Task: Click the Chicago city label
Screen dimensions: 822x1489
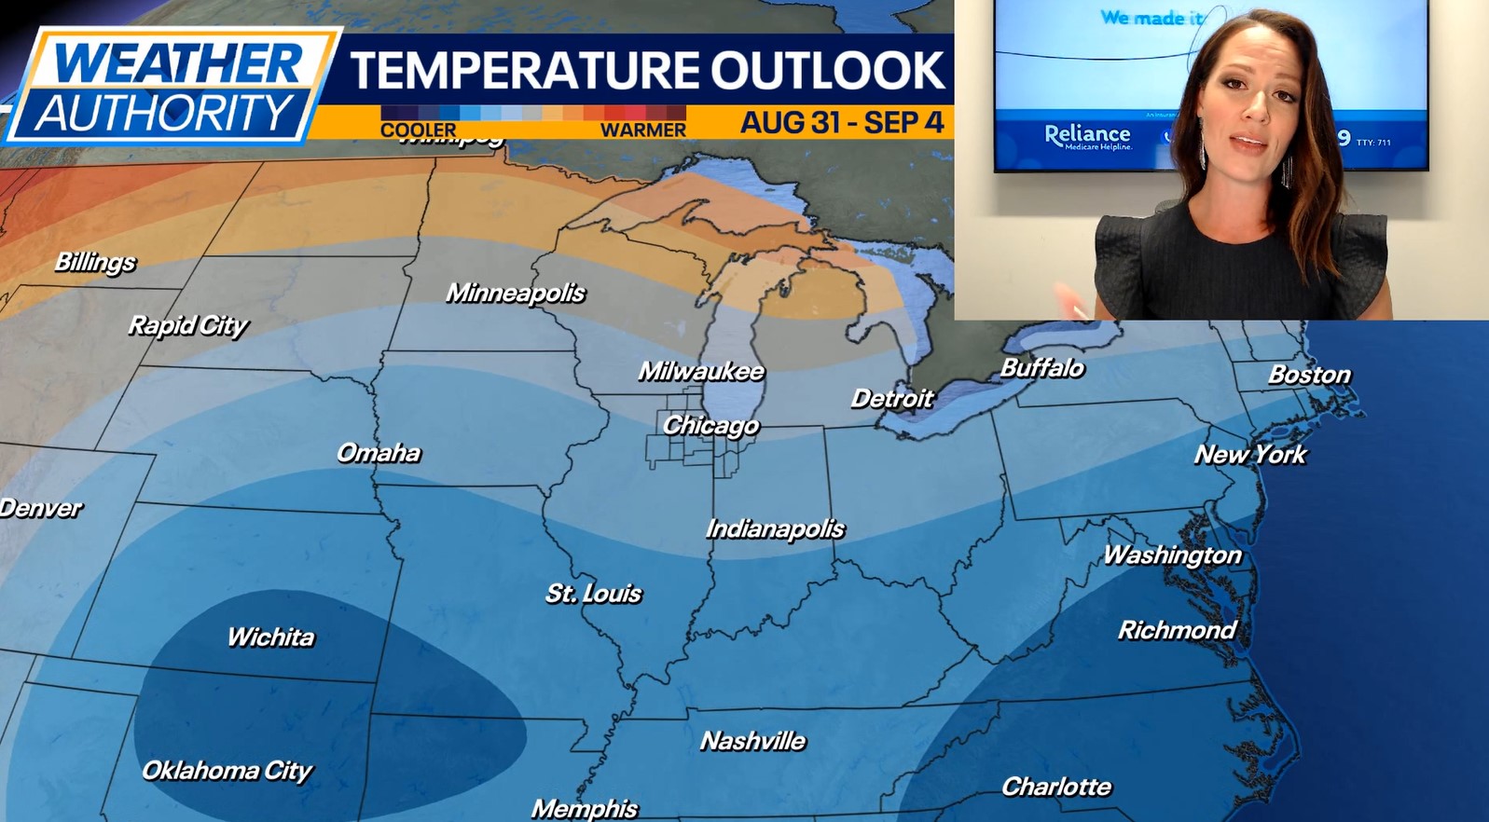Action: [x=710, y=426]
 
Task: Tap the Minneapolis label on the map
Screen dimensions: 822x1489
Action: [x=516, y=294]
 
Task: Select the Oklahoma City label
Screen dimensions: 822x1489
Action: [x=227, y=771]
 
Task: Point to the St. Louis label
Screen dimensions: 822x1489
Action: [x=594, y=594]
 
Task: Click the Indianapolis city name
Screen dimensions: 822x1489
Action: [x=775, y=529]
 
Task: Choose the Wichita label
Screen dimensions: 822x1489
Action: [x=271, y=637]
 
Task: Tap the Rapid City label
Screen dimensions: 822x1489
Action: [x=188, y=325]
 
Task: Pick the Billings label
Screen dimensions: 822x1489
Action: [x=95, y=262]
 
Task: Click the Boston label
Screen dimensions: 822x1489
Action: [x=1309, y=375]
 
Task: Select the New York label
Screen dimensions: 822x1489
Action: [x=1250, y=455]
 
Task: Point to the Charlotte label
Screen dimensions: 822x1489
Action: [x=1056, y=788]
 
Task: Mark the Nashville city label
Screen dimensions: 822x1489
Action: [x=753, y=741]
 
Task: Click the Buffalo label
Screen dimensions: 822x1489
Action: [x=1041, y=368]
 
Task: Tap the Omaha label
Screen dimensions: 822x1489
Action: [x=379, y=453]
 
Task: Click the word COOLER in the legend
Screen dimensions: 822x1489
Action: [x=419, y=130]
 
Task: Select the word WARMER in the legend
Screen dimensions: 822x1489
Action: [x=642, y=130]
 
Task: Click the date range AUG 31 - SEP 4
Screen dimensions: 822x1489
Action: [x=841, y=123]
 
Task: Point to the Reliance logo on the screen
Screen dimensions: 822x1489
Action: [x=1087, y=136]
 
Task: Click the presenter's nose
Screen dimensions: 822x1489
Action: [x=1252, y=110]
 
